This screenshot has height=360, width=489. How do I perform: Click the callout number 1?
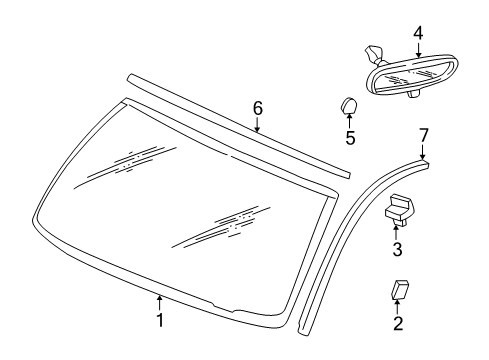(159, 320)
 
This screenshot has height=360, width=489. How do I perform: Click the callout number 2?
(397, 323)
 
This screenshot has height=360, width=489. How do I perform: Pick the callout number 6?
(257, 108)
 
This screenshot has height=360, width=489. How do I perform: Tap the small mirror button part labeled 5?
(348, 105)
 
